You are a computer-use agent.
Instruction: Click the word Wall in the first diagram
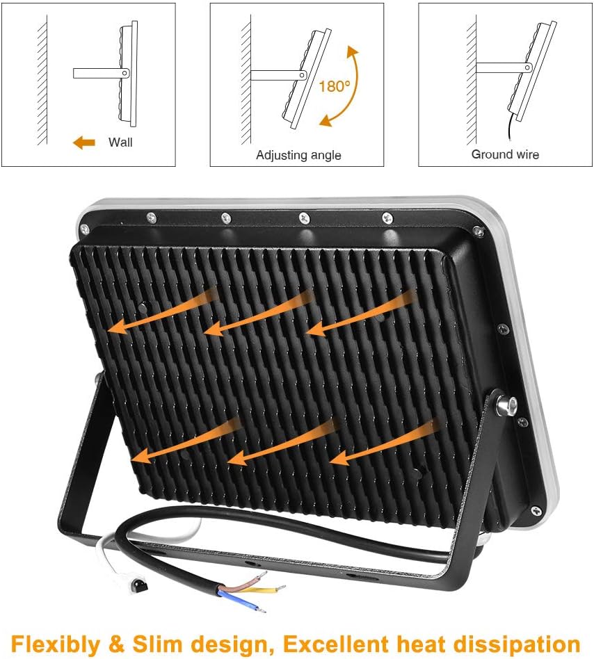tap(120, 142)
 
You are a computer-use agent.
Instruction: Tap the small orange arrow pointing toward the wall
tap(84, 143)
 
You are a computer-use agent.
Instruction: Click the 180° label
tap(334, 86)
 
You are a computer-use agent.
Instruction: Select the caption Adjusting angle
tap(298, 155)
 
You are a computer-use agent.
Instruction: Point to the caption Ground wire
tap(505, 154)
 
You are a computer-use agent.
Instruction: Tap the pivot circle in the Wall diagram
tap(125, 73)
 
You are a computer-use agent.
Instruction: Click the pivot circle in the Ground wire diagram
tap(527, 67)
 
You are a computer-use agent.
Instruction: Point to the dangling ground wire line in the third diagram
tap(510, 126)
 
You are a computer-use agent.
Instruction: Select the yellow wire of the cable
tap(265, 589)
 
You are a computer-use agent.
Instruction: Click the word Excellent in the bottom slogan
tap(337, 644)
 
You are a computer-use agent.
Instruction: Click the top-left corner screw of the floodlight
tap(84, 229)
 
